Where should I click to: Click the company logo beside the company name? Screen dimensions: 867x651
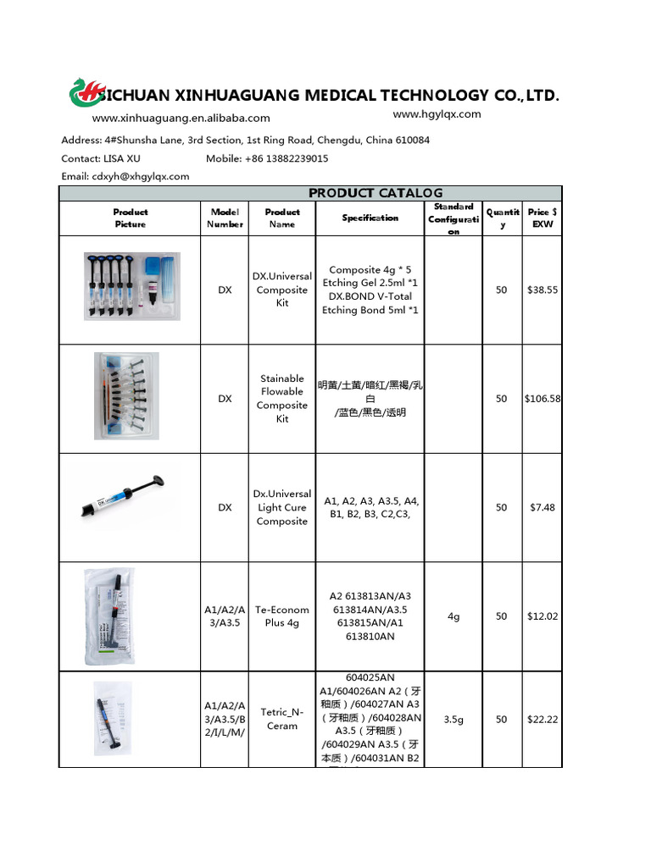(85, 94)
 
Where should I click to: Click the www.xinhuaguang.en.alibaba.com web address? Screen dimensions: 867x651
(181, 119)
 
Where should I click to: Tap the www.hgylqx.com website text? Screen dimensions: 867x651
(437, 114)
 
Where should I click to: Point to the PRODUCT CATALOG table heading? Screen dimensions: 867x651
(375, 193)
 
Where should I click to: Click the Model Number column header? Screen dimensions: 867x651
(225, 218)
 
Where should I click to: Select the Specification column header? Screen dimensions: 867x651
(370, 218)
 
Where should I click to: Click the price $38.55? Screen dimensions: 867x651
(542, 290)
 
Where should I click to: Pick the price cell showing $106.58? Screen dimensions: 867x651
(542, 399)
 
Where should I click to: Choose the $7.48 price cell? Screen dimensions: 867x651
(542, 507)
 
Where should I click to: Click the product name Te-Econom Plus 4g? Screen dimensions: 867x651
(282, 616)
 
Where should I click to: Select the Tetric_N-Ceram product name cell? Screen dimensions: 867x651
(282, 719)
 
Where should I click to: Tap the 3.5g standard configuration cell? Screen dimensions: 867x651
(453, 719)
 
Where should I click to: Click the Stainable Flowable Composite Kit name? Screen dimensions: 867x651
(282, 399)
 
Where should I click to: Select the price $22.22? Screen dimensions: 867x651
(542, 719)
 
